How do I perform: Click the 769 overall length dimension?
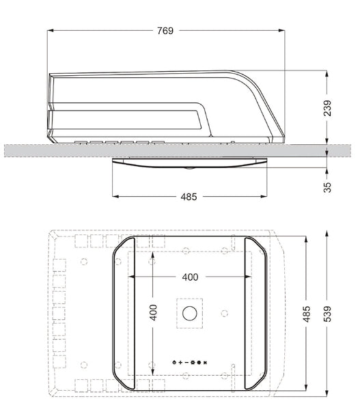pyautogui.click(x=165, y=31)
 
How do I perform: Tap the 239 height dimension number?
pyautogui.click(x=327, y=108)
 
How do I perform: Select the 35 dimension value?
pyautogui.click(x=327, y=187)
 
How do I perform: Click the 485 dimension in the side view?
pyautogui.click(x=189, y=197)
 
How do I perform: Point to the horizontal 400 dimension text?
pyautogui.click(x=190, y=277)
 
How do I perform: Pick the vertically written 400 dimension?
pyautogui.click(x=154, y=312)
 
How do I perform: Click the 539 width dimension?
pyautogui.click(x=327, y=314)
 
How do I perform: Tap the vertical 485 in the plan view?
pyautogui.click(x=307, y=314)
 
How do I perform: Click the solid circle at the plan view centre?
pyautogui.click(x=190, y=313)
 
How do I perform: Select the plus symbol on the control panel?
pyautogui.click(x=180, y=362)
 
